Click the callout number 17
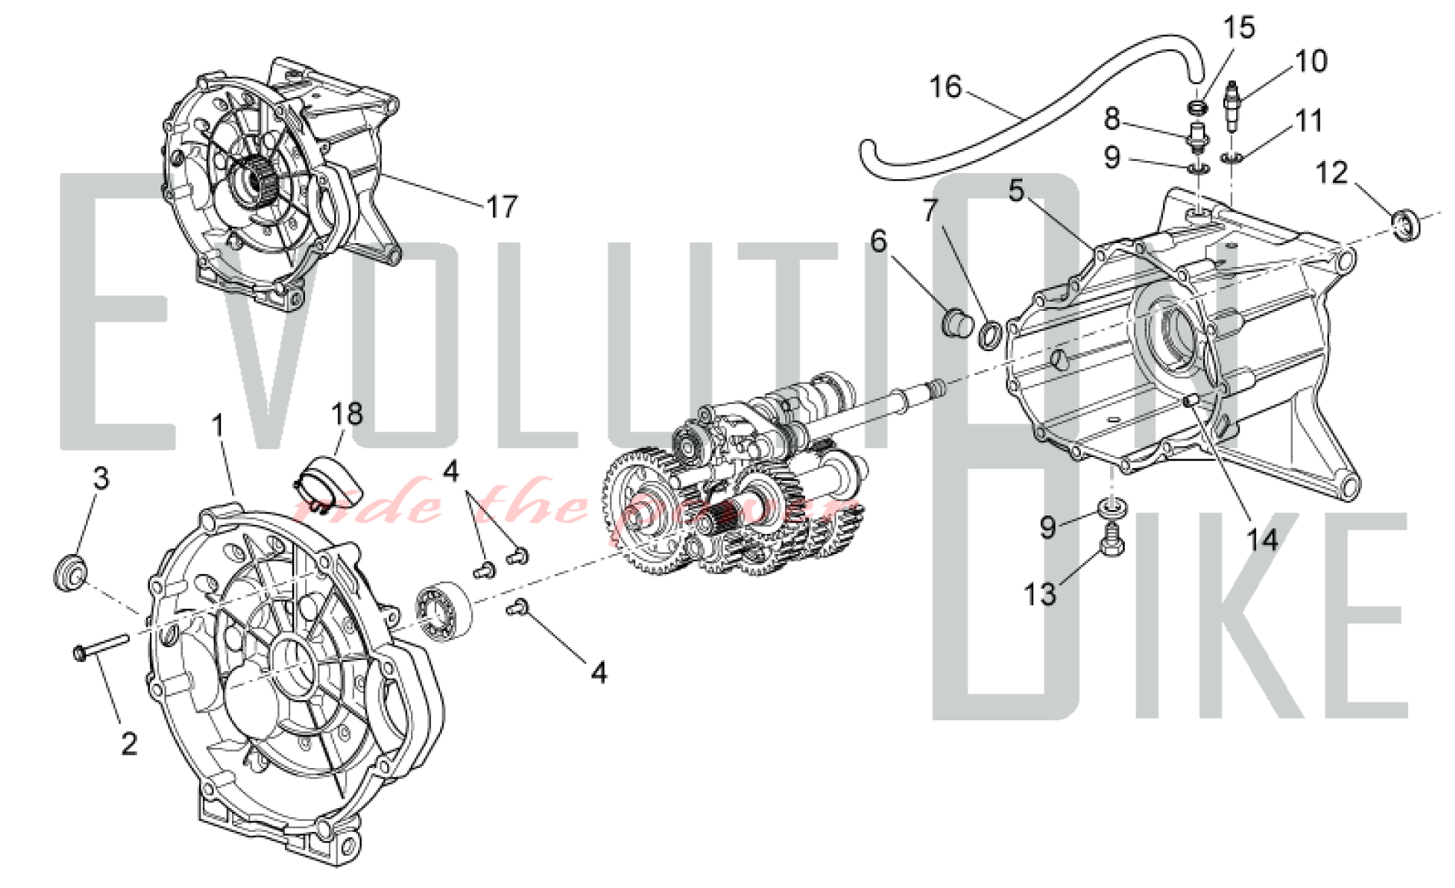[x=502, y=207]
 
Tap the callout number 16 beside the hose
[x=945, y=88]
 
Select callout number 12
[x=1331, y=174]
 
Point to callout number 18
[x=346, y=414]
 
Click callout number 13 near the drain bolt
[x=1040, y=594]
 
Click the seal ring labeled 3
[x=71, y=571]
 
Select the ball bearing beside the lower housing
[x=443, y=607]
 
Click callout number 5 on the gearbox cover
[x=1016, y=191]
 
